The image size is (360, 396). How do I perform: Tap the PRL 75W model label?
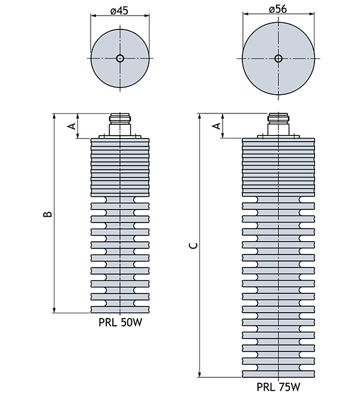point(277,387)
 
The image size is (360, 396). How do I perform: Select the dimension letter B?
point(47,214)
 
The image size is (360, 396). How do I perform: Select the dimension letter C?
point(192,245)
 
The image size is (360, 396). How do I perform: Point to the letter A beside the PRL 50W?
point(71,127)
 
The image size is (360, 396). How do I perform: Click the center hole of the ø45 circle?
point(119,58)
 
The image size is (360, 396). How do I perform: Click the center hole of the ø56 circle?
point(277,58)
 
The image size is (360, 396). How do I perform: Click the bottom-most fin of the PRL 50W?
point(119,309)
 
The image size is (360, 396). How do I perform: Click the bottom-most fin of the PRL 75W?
point(277,374)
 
